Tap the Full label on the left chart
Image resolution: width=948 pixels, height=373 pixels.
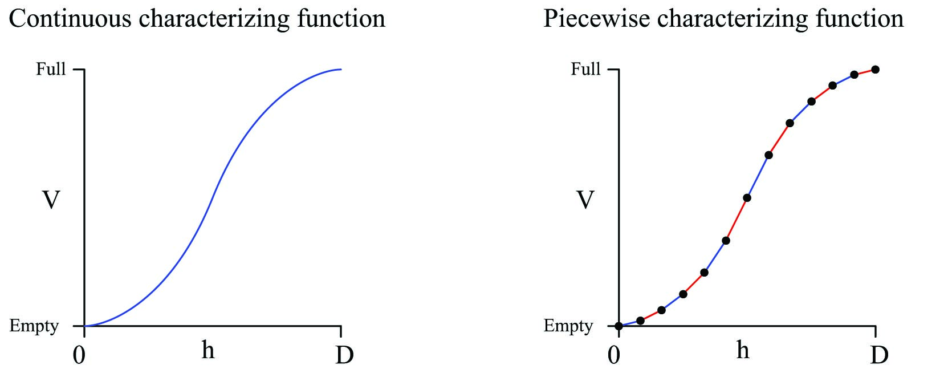point(51,69)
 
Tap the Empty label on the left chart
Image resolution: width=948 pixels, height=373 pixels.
point(34,326)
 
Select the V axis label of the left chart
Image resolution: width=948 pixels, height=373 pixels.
point(51,200)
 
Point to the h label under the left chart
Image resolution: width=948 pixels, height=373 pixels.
point(208,350)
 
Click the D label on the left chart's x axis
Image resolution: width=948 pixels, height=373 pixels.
point(344,355)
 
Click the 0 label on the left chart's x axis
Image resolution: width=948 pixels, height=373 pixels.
point(79,355)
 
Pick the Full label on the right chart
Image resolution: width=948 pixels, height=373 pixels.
point(585,69)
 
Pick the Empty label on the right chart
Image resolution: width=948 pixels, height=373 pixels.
point(568,326)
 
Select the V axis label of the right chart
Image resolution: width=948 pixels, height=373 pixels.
point(585,200)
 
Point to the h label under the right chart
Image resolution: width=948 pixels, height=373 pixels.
point(742,350)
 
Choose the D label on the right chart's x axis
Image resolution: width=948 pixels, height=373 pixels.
point(878,355)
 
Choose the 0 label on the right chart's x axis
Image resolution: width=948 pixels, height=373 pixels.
point(614,355)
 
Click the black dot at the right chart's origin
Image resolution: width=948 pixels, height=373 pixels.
point(619,326)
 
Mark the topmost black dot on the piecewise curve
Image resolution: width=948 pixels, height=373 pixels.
point(875,70)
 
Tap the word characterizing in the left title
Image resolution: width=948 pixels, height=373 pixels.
point(217,19)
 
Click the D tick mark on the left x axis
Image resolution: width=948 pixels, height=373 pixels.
point(341,331)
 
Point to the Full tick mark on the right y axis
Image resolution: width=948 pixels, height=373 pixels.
point(613,70)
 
